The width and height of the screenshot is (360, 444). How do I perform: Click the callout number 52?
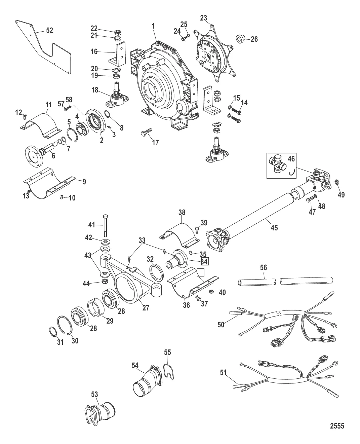pos(49,30)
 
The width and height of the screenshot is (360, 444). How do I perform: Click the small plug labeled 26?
pos(241,39)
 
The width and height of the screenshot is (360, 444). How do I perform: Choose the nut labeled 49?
pos(336,182)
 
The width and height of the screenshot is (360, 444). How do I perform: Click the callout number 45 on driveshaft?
pos(274,227)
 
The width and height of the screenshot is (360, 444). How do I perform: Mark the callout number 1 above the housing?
pos(153,26)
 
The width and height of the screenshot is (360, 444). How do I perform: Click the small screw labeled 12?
pos(24,116)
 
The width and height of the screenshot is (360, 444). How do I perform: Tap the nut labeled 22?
pos(118,32)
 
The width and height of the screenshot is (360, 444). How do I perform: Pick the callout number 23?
pos(204,18)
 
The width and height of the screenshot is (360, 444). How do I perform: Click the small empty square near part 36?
pos(201,272)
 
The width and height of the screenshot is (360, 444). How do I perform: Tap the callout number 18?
pos(95,90)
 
